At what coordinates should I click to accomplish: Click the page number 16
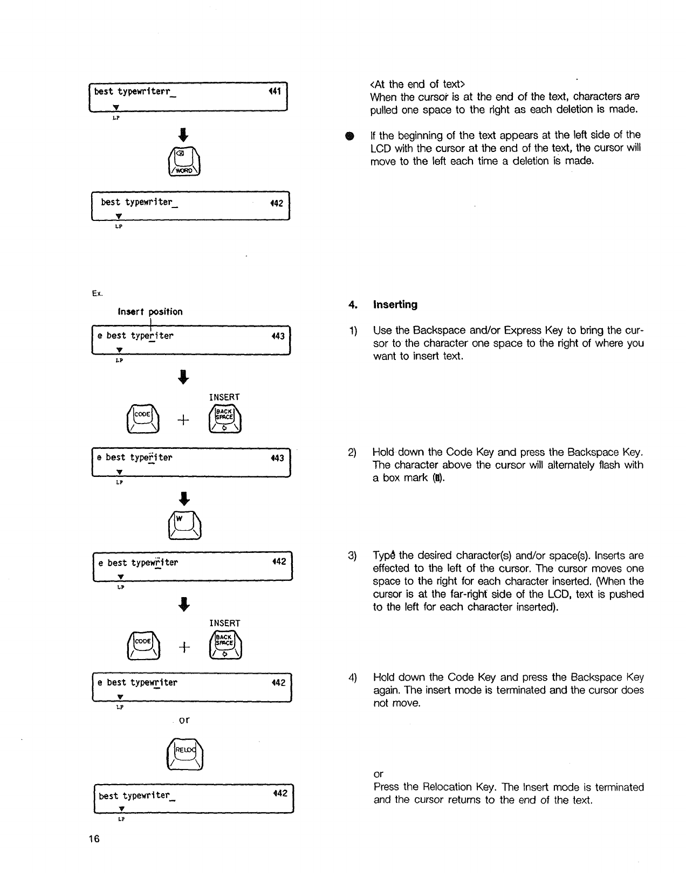tap(95, 839)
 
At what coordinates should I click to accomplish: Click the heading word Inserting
tap(395, 305)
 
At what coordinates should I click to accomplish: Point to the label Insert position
tap(150, 311)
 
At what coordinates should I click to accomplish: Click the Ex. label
tap(97, 294)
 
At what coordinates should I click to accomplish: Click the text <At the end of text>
tap(417, 84)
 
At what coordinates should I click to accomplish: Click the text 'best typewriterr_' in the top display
tap(135, 92)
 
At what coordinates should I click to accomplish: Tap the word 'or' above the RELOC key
tap(184, 720)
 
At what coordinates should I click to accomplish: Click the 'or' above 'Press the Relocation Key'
tap(378, 774)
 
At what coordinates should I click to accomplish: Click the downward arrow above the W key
tap(184, 497)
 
